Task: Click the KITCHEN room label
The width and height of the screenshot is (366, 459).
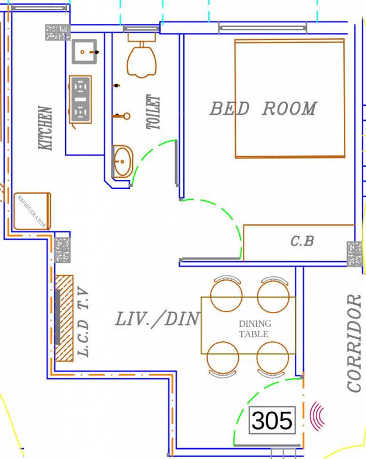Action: point(45,128)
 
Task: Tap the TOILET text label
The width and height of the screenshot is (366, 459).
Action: point(153,112)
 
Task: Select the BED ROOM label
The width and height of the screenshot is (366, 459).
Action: point(263,109)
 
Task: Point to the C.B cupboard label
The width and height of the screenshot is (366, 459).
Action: point(302,241)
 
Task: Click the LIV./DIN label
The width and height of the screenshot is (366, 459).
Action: point(157,319)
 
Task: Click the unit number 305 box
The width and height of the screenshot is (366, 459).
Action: point(272,421)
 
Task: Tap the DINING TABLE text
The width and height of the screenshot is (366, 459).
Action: point(254,329)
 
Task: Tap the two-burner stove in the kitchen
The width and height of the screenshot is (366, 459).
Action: point(80,99)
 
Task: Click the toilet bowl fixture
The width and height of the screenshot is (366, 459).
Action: point(142,60)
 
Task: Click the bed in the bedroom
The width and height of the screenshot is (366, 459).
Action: point(290,98)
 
